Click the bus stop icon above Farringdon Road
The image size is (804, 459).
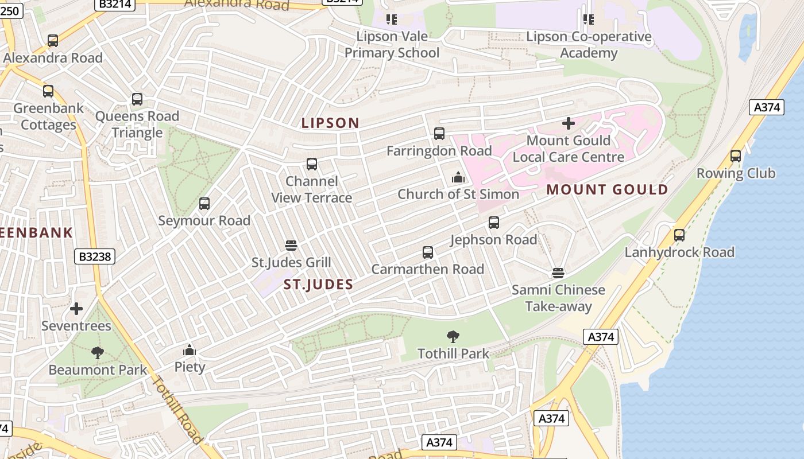coord(439,134)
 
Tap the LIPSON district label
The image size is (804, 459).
coord(330,123)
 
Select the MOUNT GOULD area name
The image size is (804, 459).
coord(607,190)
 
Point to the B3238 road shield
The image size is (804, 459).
coord(94,256)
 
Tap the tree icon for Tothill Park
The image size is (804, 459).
coord(453,336)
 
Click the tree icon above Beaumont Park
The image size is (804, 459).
coord(98,352)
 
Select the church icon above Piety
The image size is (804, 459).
coord(190,350)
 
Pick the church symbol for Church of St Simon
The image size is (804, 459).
coord(458,177)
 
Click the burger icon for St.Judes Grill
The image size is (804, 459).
coord(291,246)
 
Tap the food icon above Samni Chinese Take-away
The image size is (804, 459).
coord(558,273)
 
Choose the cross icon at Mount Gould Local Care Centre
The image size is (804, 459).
coord(568,123)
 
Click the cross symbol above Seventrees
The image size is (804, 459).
coord(76,309)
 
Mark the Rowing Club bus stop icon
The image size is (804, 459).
coord(736,156)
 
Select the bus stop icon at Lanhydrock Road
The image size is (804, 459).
coord(679,235)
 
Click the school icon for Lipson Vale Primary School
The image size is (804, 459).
coord(392,20)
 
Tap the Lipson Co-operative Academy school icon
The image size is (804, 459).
coord(589,20)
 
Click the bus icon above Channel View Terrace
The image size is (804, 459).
coord(312,164)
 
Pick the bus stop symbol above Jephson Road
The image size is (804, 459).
coord(494,223)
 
